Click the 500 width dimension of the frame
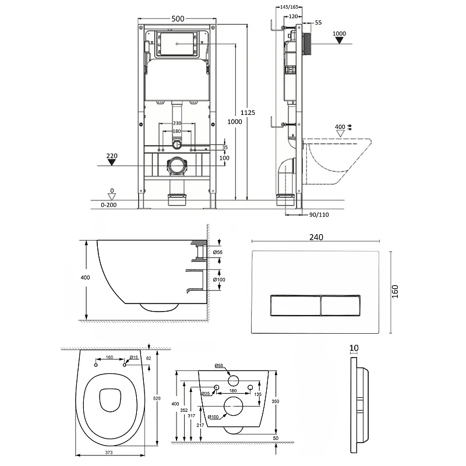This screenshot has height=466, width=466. pyautogui.click(x=178, y=19)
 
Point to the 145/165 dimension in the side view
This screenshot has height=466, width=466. pyautogui.click(x=290, y=6)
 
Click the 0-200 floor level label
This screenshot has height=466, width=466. pyautogui.click(x=109, y=206)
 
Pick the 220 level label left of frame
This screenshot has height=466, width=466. pyautogui.click(x=112, y=156)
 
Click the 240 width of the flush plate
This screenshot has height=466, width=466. pyautogui.click(x=316, y=237)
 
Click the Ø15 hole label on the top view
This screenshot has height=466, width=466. pyautogui.click(x=133, y=358)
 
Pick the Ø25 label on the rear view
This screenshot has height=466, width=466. pyautogui.click(x=206, y=394)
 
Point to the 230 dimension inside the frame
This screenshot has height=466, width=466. pyautogui.click(x=177, y=123)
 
